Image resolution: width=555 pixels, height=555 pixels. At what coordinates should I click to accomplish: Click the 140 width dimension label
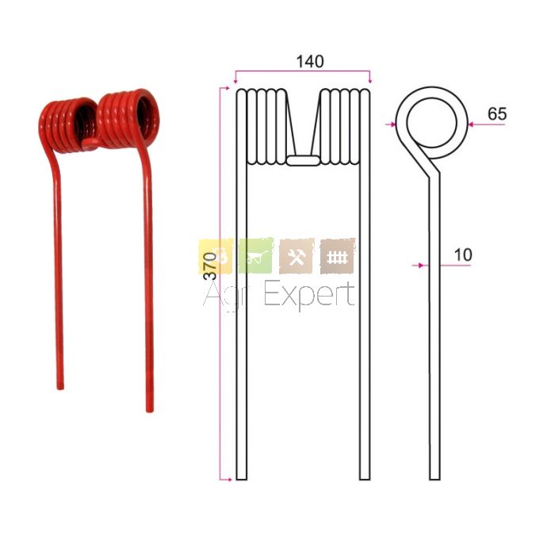310,62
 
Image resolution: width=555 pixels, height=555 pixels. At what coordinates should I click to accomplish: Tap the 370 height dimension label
210,266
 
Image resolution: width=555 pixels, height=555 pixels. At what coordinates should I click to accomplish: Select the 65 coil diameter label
497,114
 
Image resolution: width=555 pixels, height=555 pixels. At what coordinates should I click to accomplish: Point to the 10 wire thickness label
462,255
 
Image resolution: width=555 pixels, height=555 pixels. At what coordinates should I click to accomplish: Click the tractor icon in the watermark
216,256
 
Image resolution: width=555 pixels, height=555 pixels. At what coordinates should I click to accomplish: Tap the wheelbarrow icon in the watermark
256,255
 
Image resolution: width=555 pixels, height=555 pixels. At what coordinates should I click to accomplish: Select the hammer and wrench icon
297,256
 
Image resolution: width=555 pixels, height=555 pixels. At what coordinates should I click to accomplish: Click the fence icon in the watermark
337,256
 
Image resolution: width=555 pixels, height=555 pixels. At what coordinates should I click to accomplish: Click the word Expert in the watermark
309,295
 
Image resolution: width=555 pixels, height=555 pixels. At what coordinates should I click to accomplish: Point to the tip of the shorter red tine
60,388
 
